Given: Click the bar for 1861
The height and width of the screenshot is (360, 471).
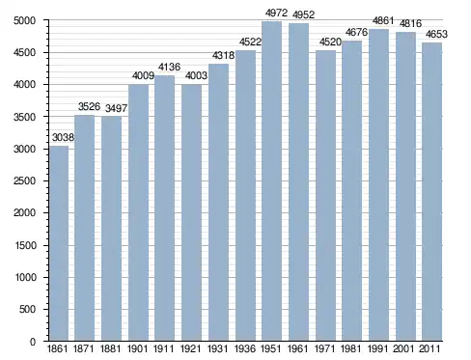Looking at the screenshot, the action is point(59,243).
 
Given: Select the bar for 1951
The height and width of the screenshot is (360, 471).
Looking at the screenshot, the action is point(272,181).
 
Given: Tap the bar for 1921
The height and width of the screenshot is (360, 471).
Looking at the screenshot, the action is point(191,212).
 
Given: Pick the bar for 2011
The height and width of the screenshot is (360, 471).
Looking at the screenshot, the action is point(432,192).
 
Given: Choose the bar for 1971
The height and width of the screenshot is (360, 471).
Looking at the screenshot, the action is point(325,196).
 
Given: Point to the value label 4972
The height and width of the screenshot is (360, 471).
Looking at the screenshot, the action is point(276,14).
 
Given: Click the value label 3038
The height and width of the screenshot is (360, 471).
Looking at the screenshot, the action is point(63,138).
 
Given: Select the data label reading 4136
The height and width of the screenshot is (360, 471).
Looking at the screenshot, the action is point(169,67).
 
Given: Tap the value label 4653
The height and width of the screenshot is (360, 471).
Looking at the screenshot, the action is point(436,34).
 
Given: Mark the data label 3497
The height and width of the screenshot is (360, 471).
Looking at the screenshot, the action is point(116,108).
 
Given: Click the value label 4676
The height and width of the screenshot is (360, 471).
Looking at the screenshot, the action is point(356,32).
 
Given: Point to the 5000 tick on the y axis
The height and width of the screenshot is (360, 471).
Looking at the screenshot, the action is point(24,20).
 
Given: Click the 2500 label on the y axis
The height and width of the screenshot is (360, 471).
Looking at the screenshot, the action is point(24,181).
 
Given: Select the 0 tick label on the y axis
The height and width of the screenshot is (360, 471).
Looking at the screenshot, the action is point(33,342).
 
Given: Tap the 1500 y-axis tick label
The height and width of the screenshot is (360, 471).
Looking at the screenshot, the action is point(25,245).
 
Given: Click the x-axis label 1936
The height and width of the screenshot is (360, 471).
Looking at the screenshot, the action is point(245,349).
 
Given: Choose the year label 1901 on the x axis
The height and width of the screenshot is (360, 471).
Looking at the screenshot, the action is point(138,349).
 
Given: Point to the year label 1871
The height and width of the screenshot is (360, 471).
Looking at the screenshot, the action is point(84,349).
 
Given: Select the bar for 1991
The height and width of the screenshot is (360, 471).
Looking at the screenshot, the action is point(378,185).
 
